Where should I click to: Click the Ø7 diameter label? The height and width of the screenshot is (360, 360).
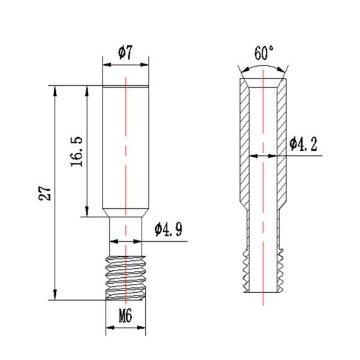click(125, 53)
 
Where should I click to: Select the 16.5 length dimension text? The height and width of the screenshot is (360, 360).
click(76, 151)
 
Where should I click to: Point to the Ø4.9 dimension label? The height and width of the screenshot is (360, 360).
click(168, 229)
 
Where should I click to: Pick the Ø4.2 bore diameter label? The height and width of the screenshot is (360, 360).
click(303, 144)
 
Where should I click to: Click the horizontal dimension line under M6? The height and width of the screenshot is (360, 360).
click(125, 328)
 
